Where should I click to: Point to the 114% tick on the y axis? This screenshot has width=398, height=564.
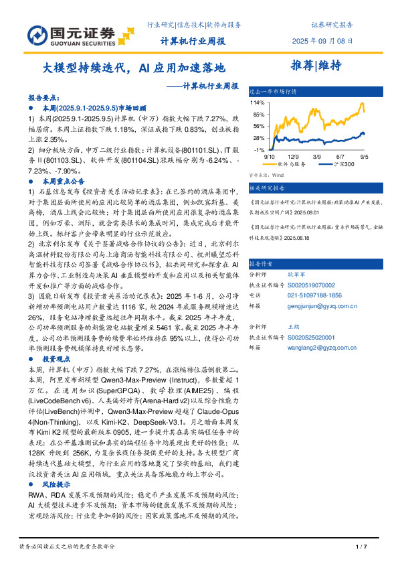click(x=257, y=103)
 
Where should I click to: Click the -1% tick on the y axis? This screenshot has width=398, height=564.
click(x=258, y=150)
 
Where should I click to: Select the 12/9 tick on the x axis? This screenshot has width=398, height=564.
click(x=292, y=156)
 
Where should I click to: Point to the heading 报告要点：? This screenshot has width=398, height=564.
click(x=45, y=97)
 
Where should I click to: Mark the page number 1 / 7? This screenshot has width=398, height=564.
click(x=361, y=548)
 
